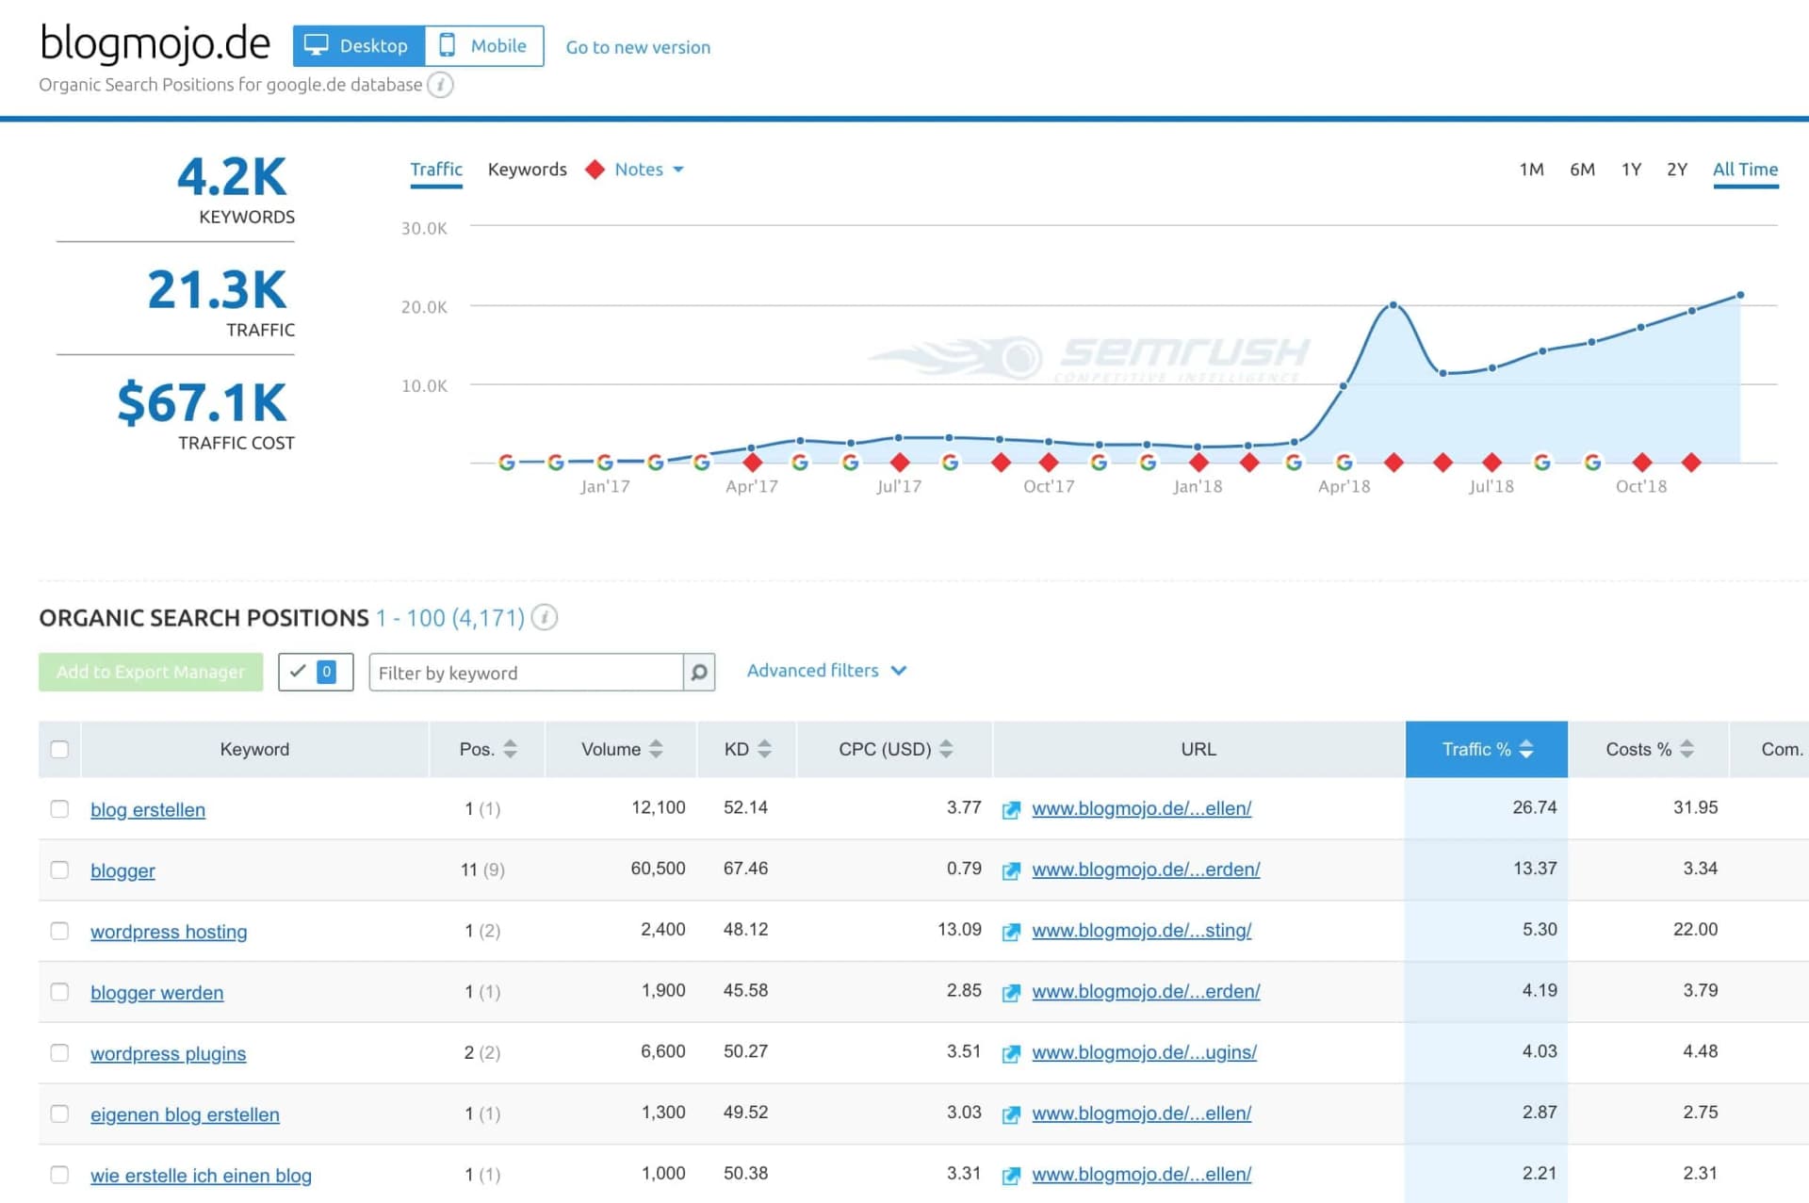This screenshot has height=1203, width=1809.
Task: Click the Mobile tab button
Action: coord(484,46)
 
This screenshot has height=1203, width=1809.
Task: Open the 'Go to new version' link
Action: coord(638,47)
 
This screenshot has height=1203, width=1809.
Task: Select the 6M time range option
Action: coord(1582,170)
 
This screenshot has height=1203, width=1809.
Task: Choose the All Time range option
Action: coord(1745,170)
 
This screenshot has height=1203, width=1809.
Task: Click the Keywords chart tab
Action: coord(527,170)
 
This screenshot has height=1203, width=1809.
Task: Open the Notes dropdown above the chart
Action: coord(648,170)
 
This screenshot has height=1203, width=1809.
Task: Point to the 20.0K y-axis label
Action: coord(424,307)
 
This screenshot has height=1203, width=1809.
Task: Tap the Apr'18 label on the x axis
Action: coord(1344,486)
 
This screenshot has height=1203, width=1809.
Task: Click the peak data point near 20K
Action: coord(1393,305)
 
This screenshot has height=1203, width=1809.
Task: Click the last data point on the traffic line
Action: coord(1740,295)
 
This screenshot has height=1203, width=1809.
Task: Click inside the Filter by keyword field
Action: coord(526,673)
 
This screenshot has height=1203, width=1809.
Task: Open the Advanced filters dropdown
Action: coord(825,671)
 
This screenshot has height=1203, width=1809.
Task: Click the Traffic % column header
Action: coord(1486,749)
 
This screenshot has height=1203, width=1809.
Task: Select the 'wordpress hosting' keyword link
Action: coord(169,932)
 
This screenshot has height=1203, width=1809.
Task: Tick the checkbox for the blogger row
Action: coord(59,870)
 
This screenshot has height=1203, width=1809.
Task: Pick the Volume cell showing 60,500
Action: coord(658,869)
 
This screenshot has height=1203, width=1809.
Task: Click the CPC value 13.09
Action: coord(959,930)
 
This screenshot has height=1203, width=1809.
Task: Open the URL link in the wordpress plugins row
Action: coord(1144,1052)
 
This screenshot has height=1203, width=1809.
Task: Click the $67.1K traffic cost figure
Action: coord(202,403)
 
